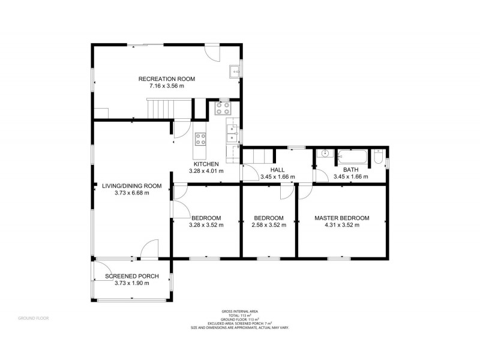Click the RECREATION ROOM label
click(x=166, y=79)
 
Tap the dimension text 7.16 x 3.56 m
click(x=166, y=86)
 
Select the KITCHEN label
click(x=206, y=164)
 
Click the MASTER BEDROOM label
click(x=341, y=218)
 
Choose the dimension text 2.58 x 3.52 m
click(x=268, y=225)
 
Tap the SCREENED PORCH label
click(x=131, y=276)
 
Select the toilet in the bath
click(x=378, y=158)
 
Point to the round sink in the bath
click(x=325, y=154)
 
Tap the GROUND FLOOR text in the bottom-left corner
click(x=33, y=317)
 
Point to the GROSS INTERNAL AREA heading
click(x=239, y=311)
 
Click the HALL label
click(x=277, y=170)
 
